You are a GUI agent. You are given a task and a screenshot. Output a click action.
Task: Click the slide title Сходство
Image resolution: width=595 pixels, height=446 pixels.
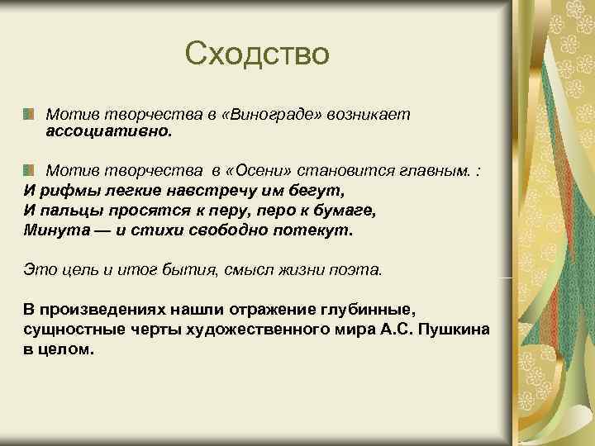(x=257, y=54)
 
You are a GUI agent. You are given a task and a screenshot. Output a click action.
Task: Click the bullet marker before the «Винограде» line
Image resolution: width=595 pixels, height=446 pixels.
(x=30, y=112)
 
